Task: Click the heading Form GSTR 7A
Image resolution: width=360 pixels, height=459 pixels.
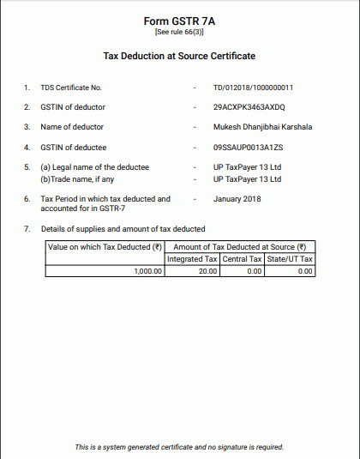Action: click(179, 20)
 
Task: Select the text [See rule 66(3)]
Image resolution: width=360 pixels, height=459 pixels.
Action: click(179, 32)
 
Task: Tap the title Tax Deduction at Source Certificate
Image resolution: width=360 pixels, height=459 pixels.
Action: click(179, 56)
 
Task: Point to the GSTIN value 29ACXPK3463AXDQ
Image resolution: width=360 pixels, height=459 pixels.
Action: click(249, 107)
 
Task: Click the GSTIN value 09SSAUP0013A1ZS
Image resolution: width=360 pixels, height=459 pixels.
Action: click(248, 147)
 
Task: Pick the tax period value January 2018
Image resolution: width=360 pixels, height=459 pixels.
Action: click(237, 199)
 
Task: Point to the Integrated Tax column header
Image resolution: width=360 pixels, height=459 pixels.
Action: click(192, 259)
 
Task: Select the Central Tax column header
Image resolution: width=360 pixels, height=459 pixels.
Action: click(242, 259)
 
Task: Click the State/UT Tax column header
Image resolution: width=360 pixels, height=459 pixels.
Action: click(291, 259)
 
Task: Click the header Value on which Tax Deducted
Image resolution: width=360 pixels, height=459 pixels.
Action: click(105, 247)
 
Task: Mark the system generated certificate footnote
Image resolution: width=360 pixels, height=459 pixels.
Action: click(179, 447)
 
